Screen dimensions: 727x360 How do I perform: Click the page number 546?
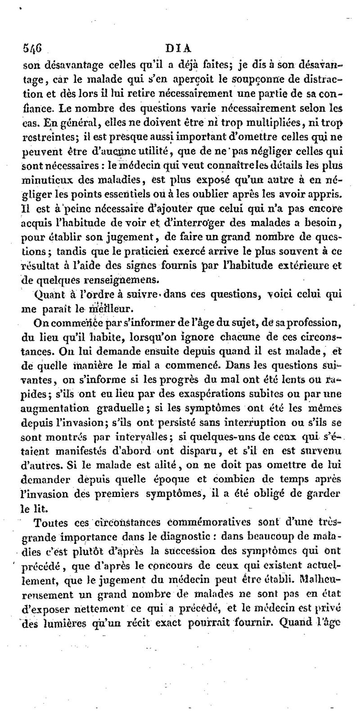click(31, 49)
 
